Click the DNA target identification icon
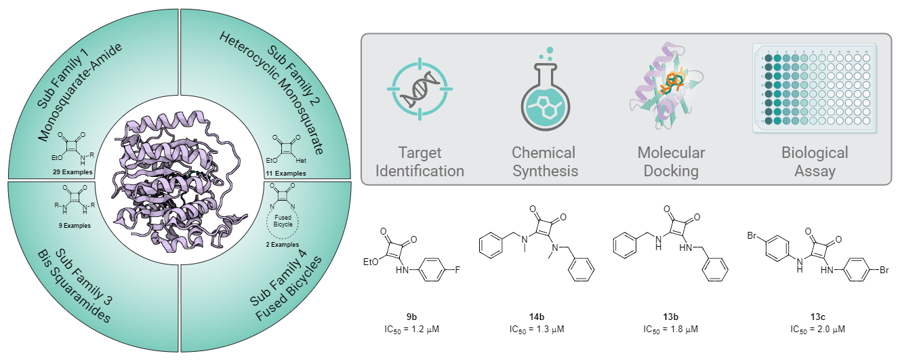click(x=420, y=89)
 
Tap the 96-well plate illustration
click(x=815, y=88)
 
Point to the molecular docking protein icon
click(x=667, y=85)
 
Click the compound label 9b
click(x=411, y=317)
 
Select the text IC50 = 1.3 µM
click(x=537, y=329)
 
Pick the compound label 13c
click(x=817, y=317)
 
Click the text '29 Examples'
click(x=73, y=172)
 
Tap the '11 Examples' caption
click(x=286, y=173)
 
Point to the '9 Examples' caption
click(x=75, y=225)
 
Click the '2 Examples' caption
click(x=283, y=244)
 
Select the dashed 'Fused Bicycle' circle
click(x=283, y=221)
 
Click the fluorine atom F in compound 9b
click(x=457, y=270)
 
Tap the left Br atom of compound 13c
click(x=752, y=236)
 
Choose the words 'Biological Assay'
click(x=815, y=161)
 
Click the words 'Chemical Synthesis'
click(x=544, y=161)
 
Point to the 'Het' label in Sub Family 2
click(x=301, y=160)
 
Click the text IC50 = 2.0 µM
click(x=817, y=329)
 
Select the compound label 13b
click(x=670, y=317)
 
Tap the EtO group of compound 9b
click(x=371, y=262)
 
